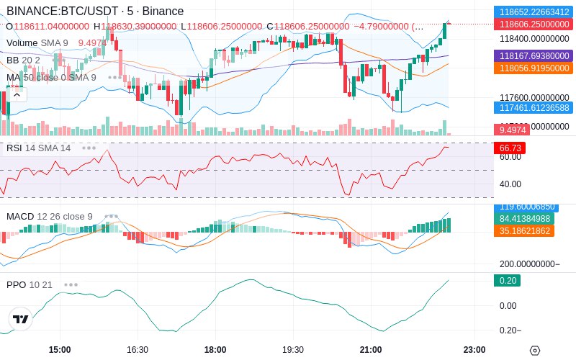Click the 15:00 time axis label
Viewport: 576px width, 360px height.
(x=60, y=349)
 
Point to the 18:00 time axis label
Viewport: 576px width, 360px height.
(x=215, y=349)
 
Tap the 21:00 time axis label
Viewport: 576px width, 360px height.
(x=371, y=349)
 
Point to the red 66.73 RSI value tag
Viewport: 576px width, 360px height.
(x=510, y=148)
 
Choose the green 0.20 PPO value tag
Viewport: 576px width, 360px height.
(x=507, y=281)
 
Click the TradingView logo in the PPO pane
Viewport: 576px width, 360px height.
(x=21, y=320)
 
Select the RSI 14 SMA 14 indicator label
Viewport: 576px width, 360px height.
(x=38, y=148)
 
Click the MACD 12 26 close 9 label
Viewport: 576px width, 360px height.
(x=50, y=216)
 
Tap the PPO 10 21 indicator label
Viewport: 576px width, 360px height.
(x=30, y=284)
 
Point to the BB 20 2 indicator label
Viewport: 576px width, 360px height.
(x=23, y=60)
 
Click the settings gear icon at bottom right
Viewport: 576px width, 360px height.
(x=534, y=351)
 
